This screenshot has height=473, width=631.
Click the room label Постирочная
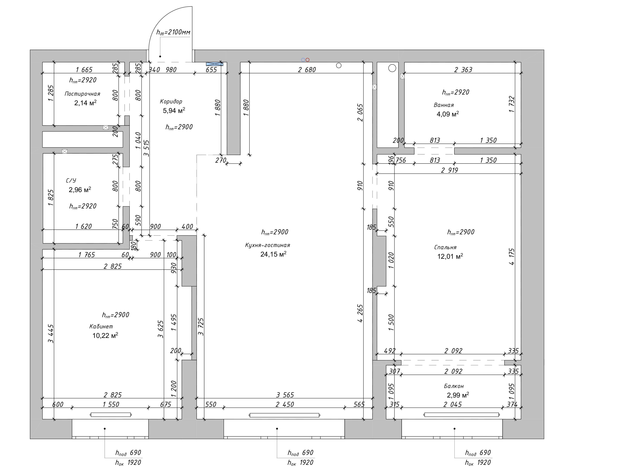tap(82, 94)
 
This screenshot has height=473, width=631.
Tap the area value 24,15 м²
tap(273, 254)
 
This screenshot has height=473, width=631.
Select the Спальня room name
tap(445, 247)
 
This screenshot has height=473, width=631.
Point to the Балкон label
tap(454, 386)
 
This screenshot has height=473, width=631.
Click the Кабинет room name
tap(101, 326)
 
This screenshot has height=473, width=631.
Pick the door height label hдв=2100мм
tap(173, 32)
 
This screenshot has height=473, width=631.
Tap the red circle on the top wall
tap(307, 60)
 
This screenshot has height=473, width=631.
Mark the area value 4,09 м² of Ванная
tap(448, 114)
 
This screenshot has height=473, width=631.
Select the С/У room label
tap(71, 181)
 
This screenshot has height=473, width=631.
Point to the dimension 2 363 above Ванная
tap(463, 70)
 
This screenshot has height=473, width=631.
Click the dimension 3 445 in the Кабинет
tap(51, 334)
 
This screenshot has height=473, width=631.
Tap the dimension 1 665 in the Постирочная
tap(84, 70)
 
